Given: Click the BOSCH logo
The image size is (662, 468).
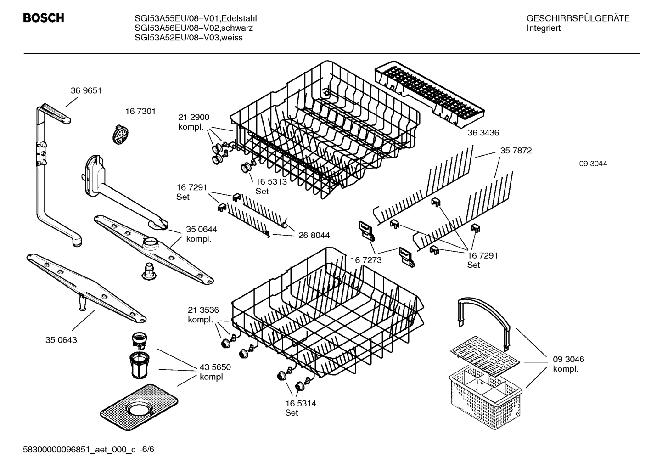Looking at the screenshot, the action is pos(43,18).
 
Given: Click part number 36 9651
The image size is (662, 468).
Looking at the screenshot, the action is pos(86,90).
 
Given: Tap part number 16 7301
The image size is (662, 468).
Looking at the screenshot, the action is pos(140,111).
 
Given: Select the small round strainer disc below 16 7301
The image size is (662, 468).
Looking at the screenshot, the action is pos(119,135).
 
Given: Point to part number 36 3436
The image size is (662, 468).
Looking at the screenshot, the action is pos(483,133).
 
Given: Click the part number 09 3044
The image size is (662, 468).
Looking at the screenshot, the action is pos(593,164).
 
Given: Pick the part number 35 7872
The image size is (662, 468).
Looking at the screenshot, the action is pos(516,151).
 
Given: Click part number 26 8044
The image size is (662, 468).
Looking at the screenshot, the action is pos(314,235).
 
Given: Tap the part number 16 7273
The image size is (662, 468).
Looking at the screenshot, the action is pos(366,260).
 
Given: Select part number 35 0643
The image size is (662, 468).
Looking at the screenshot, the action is pos(61,340).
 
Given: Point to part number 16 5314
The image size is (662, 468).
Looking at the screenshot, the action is pos(300,403).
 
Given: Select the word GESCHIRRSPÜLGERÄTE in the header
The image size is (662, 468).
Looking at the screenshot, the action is pos(578,18).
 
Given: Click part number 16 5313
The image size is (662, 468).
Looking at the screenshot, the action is pos(271,181).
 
